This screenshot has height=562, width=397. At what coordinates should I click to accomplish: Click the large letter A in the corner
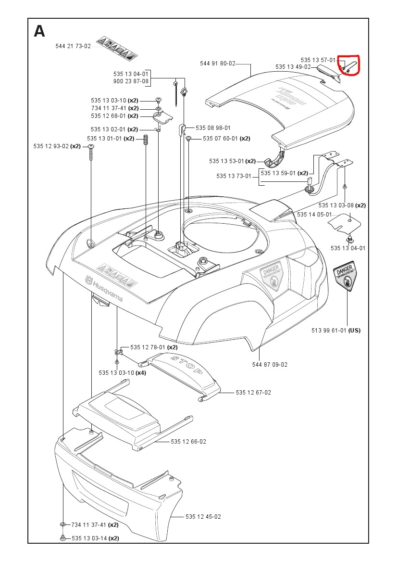[39, 32]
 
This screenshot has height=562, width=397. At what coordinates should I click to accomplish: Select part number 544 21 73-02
[73, 46]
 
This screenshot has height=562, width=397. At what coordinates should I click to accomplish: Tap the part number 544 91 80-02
[218, 64]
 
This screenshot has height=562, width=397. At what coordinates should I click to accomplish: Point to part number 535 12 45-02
[203, 517]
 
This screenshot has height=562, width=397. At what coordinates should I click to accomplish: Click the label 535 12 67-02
[253, 393]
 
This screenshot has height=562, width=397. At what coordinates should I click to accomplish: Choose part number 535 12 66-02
[188, 441]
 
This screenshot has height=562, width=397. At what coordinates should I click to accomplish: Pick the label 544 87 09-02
[270, 364]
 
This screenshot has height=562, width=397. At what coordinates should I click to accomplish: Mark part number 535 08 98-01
[213, 128]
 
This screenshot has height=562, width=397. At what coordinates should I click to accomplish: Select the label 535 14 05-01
[315, 215]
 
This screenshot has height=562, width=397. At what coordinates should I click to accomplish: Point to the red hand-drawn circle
[349, 66]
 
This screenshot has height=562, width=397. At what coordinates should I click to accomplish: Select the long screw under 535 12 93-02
[91, 154]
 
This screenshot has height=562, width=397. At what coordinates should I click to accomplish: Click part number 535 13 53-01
[226, 161]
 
